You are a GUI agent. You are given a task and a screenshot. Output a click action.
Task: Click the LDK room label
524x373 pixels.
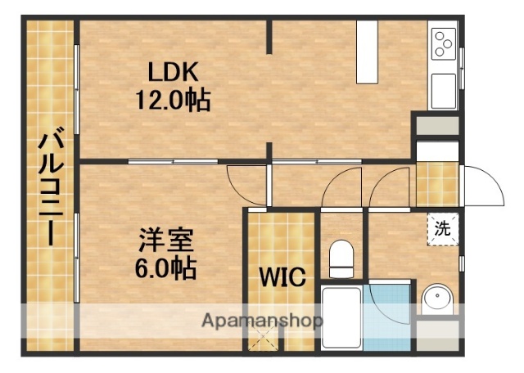point(173,71)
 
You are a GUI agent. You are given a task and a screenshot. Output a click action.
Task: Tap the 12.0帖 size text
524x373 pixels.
point(173,101)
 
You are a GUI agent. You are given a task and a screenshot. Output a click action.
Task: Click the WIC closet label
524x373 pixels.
point(282,276)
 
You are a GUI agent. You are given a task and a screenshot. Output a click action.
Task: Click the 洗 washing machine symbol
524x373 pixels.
point(442,228)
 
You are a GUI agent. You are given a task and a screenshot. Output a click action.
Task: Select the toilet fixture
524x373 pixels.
point(339,260)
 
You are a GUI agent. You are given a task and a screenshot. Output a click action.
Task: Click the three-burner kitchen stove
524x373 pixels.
point(443,43)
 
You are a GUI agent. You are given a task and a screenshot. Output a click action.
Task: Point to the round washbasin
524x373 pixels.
point(436,299)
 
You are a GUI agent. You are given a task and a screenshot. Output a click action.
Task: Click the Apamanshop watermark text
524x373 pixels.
point(262,320)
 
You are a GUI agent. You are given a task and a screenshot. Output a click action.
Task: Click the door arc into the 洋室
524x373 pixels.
point(244,182)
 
